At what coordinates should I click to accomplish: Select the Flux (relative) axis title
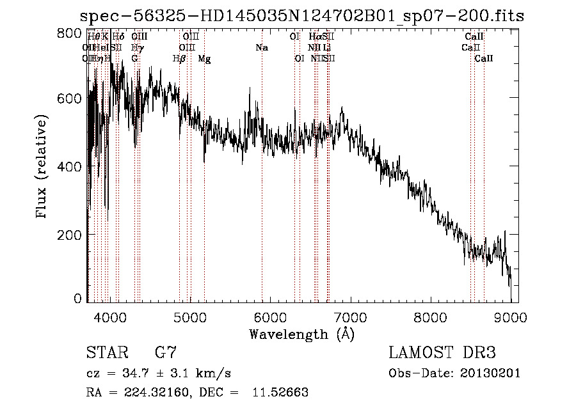click(43, 168)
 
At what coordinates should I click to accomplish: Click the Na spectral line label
click(261, 48)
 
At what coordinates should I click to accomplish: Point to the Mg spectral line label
click(204, 59)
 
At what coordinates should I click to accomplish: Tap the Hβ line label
click(179, 59)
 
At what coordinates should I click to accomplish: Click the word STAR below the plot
click(105, 352)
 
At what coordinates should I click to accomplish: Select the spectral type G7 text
click(165, 352)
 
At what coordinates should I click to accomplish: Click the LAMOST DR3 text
click(442, 352)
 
